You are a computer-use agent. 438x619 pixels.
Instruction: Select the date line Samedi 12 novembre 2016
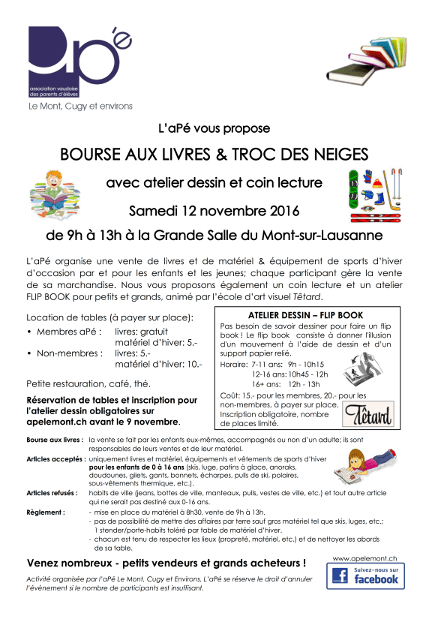214,209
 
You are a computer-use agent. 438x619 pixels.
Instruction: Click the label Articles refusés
51,493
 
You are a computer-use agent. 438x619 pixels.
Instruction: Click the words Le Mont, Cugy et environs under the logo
80,106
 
